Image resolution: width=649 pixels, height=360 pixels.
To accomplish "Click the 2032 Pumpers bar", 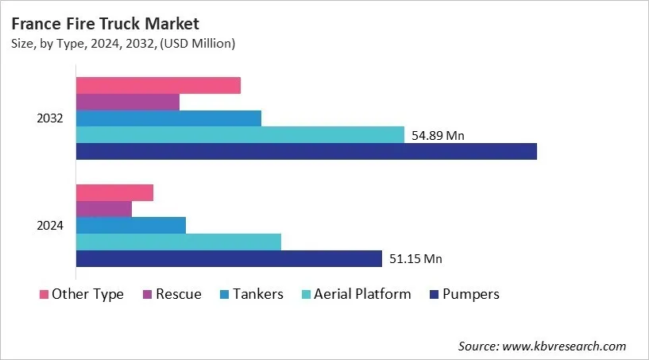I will (306, 151).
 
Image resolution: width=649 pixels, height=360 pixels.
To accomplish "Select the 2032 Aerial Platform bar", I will (240, 135).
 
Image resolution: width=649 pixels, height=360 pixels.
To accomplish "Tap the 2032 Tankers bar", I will (168, 118).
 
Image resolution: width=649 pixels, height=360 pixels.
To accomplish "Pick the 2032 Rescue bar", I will (127, 102).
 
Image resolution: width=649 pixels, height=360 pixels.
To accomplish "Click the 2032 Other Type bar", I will (158, 85).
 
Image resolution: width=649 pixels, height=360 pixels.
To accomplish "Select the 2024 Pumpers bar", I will (229, 258).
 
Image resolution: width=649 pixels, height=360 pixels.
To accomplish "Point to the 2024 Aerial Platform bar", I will (178, 242).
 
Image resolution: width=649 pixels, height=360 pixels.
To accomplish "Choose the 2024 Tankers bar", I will (130, 225).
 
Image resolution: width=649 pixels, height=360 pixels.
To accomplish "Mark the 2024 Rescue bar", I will (103, 209).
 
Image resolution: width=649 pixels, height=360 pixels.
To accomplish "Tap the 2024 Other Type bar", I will (114, 192).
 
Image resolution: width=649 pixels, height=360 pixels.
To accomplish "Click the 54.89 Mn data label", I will (438, 135).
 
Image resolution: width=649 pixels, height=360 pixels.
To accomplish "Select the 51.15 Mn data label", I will (415, 258).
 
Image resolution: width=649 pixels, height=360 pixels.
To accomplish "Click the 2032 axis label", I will (50, 118).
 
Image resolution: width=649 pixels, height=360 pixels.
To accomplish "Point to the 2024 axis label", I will (50, 226).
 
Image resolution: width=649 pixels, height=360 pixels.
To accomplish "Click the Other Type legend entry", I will (82, 294).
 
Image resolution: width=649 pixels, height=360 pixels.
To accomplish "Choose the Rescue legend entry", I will (172, 294).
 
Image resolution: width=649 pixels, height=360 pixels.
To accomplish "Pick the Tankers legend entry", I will (250, 294).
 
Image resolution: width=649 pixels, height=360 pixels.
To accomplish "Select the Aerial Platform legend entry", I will (355, 294).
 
